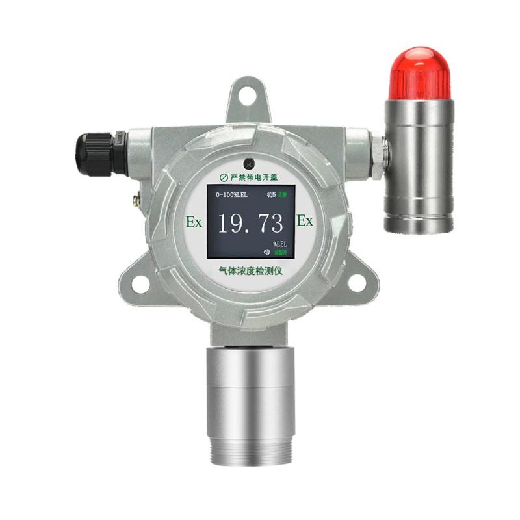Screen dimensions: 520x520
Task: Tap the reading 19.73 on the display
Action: (250, 223)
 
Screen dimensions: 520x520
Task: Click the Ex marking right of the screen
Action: (305, 221)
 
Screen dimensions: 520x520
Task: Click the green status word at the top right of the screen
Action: (282, 194)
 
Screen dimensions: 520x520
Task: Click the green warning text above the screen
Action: (253, 176)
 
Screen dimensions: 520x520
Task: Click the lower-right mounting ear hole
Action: (357, 281)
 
